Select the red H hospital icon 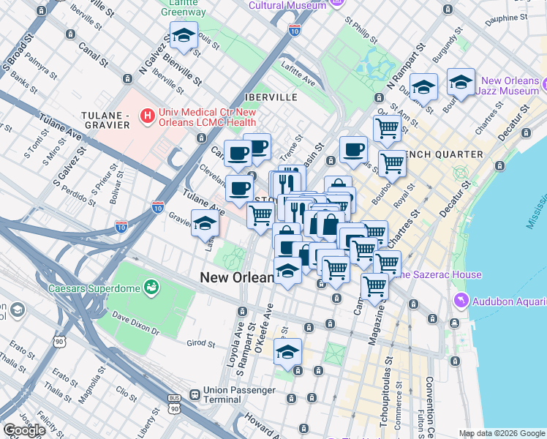(148, 116)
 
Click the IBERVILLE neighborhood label (271, 97)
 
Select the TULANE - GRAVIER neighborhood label (106, 120)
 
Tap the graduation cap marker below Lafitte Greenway (184, 36)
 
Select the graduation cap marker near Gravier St (205, 224)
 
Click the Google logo (23, 430)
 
